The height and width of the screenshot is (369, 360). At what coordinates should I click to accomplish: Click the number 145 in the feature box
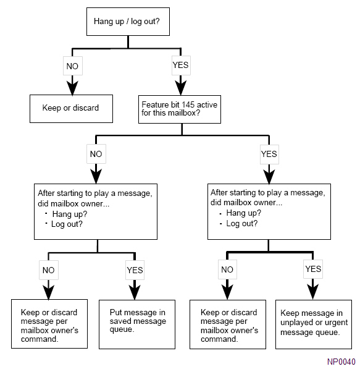tap(188, 104)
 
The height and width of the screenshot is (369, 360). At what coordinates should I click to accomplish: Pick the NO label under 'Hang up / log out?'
tap(72, 66)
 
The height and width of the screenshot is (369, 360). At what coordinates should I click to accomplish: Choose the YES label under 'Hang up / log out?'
tap(180, 65)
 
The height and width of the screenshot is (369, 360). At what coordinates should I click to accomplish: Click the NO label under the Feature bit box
tap(96, 154)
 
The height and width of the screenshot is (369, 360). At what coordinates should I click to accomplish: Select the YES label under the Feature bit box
tap(269, 154)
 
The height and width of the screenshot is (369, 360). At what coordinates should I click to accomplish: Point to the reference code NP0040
tap(341, 362)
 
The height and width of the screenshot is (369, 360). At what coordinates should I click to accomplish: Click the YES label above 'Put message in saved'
tap(135, 270)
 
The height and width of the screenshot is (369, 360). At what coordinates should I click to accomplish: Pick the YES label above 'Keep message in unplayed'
tap(313, 269)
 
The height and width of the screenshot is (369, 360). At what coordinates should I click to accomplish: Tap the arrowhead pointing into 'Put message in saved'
tap(135, 292)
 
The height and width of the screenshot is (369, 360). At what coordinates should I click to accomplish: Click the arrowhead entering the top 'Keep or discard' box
tap(72, 88)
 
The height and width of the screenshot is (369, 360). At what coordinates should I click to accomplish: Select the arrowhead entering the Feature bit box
tap(180, 88)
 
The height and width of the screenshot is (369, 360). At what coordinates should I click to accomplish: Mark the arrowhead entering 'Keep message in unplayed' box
tap(313, 292)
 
